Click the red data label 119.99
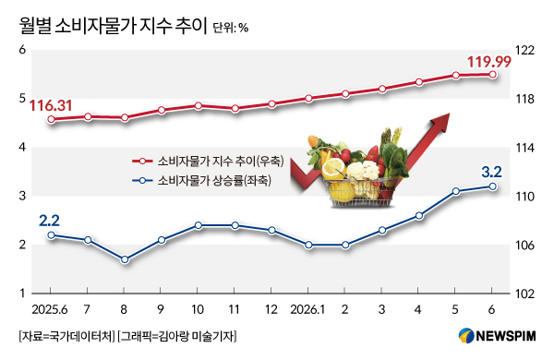[489, 62]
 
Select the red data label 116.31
[51, 105]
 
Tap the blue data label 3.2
[492, 172]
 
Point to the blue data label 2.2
[49, 221]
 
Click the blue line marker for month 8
[125, 259]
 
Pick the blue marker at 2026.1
[308, 245]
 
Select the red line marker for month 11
[235, 108]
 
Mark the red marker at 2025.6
[51, 119]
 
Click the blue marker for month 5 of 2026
[456, 191]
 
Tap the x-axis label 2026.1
[307, 309]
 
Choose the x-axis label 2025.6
[50, 309]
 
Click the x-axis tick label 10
[198, 309]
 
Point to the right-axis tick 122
[524, 51]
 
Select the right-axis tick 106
[524, 246]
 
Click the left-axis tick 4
[22, 147]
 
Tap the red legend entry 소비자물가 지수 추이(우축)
[208, 162]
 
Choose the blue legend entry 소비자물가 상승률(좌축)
[201, 181]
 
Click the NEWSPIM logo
[497, 336]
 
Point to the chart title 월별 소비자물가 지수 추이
[113, 26]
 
